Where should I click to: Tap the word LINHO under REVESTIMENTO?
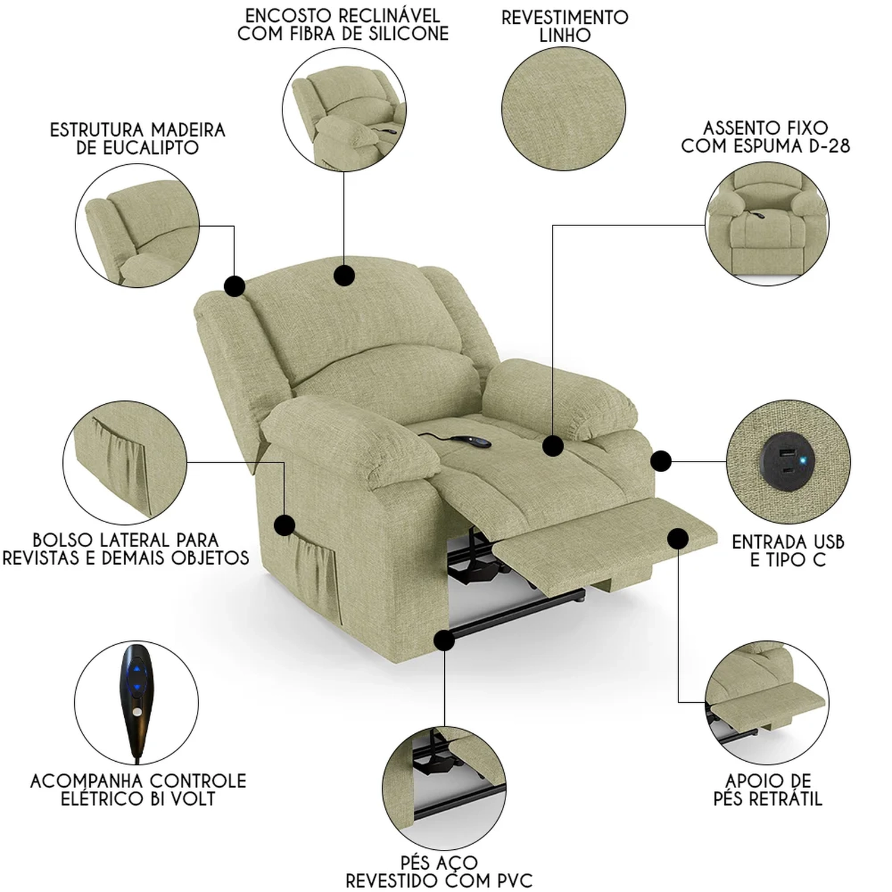click(x=565, y=36)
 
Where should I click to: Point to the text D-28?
click(x=830, y=146)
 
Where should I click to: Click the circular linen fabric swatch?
click(x=564, y=109)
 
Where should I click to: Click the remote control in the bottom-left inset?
click(x=136, y=702)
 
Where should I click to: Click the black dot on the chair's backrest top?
click(x=344, y=275)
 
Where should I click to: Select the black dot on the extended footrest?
click(x=677, y=539)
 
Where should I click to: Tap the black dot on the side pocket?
click(x=284, y=525)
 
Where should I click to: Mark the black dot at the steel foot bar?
click(x=444, y=641)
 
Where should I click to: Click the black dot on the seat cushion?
click(x=553, y=445)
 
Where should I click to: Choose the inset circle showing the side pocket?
click(x=125, y=462)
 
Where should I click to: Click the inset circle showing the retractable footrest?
click(x=767, y=703)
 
